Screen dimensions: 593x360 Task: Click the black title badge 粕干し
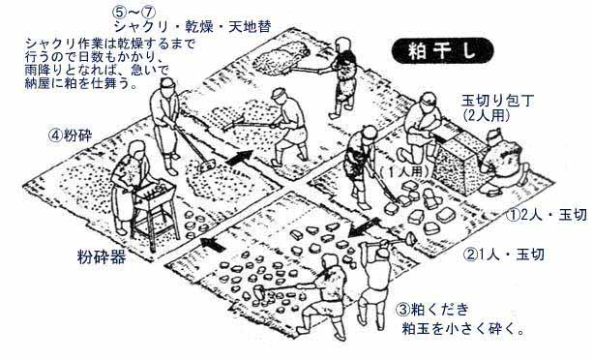[x=442, y=50]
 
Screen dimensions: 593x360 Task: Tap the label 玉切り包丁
[x=497, y=101]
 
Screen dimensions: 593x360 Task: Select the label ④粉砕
[x=70, y=135]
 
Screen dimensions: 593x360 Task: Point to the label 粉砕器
[x=102, y=257]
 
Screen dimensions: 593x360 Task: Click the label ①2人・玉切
[x=547, y=215]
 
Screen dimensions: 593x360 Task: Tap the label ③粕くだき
[x=432, y=310]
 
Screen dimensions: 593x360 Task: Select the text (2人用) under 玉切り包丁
[x=486, y=115]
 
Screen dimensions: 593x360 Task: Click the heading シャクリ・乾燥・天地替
[x=193, y=27]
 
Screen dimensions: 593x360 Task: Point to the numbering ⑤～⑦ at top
[x=133, y=13]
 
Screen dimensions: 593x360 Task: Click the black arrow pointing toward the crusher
[x=213, y=244]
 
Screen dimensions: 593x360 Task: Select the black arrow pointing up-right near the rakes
[x=239, y=158]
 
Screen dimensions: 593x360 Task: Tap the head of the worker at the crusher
[x=136, y=149]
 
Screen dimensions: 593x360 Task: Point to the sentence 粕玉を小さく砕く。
[x=463, y=328]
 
